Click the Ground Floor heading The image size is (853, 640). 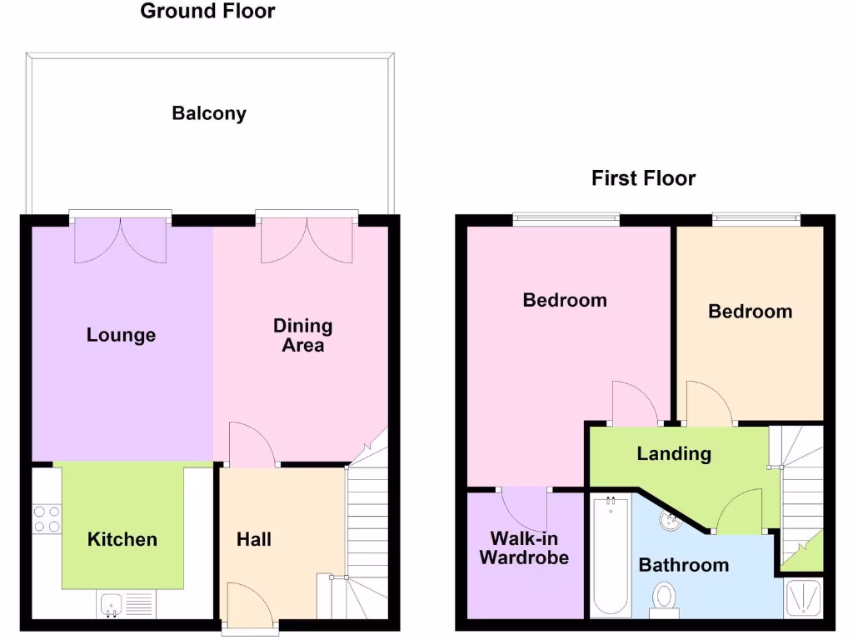coord(207,12)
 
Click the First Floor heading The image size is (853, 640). coord(643,178)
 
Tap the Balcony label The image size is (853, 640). coord(209,113)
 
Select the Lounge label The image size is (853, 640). coord(121,335)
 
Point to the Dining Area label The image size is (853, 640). coord(302,335)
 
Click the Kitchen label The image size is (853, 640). coord(122,539)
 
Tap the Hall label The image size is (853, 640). coord(254,539)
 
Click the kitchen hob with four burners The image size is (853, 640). coord(47,519)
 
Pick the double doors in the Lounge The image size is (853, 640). coord(121,239)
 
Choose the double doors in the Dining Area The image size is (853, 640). coord(307,239)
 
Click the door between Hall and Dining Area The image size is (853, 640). coord(252,445)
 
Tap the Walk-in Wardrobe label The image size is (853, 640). coord(524,547)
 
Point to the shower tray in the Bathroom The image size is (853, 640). coord(804,597)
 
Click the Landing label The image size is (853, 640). coord(674,453)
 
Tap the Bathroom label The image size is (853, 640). coord(683,565)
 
